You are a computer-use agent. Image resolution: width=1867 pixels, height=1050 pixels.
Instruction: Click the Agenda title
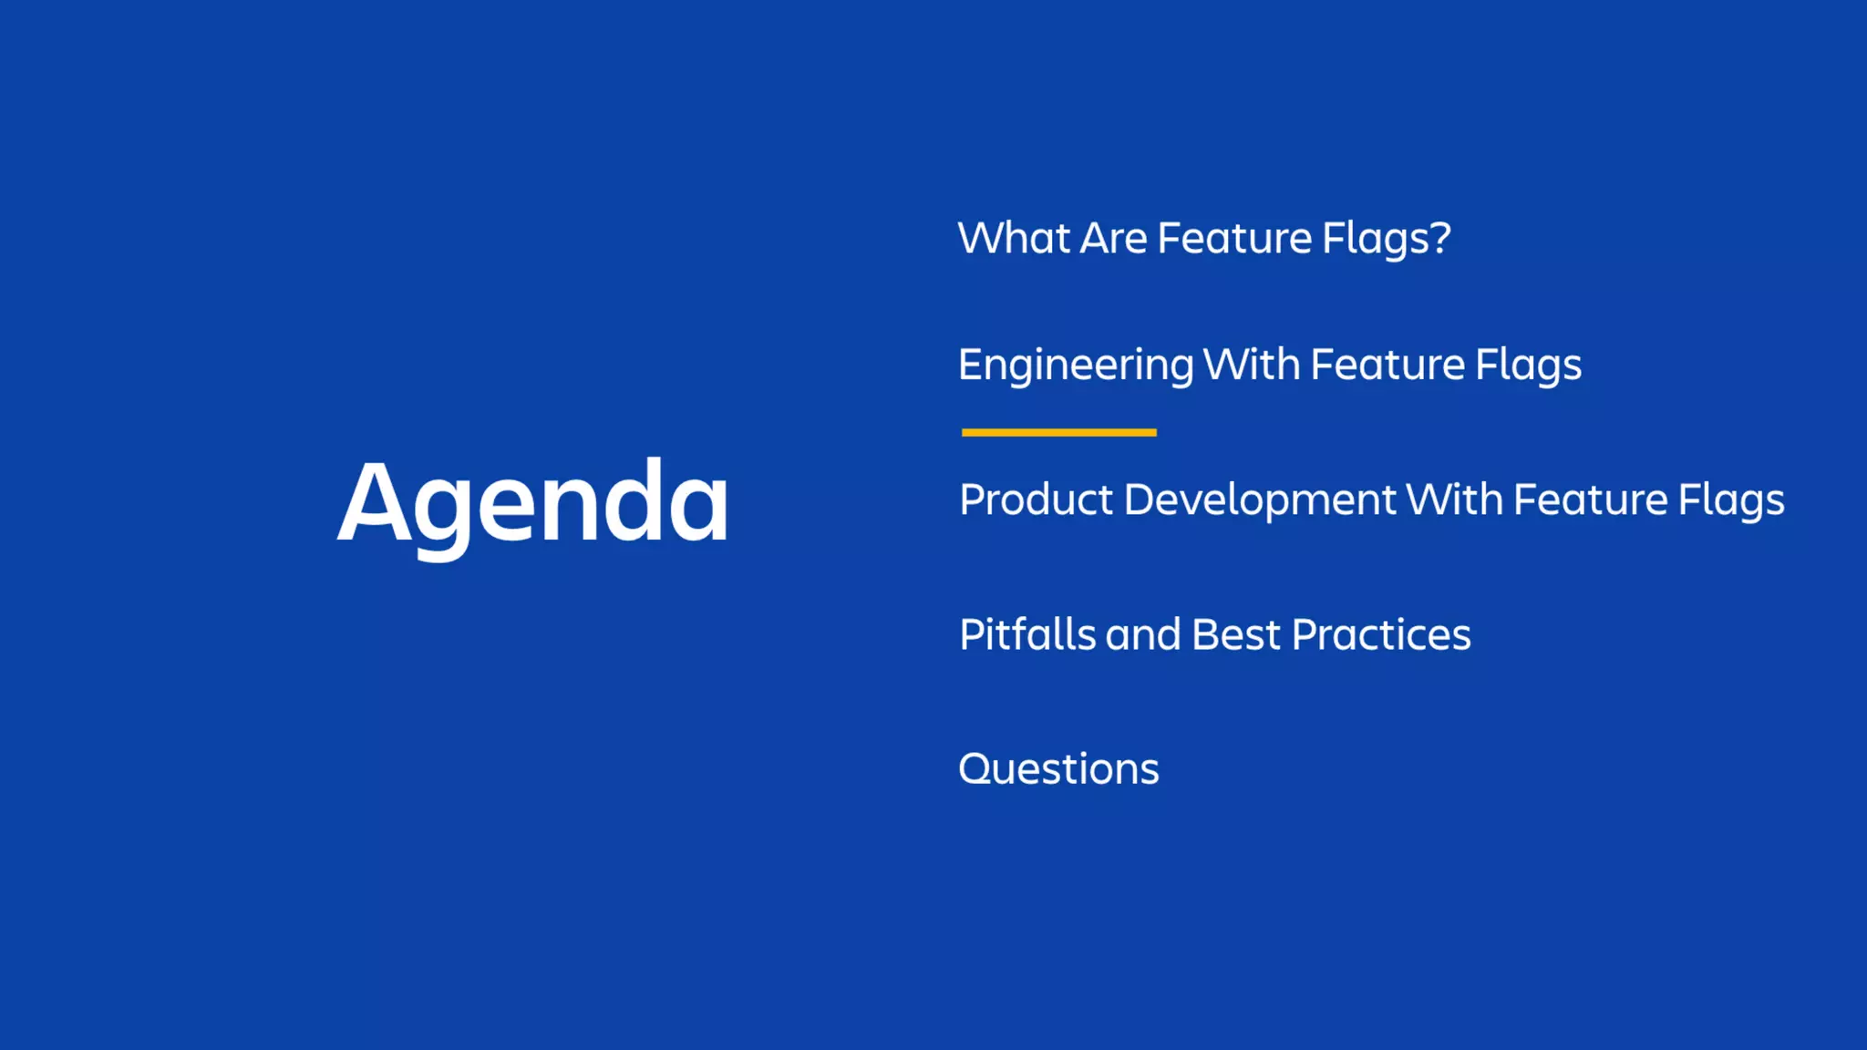(x=533, y=503)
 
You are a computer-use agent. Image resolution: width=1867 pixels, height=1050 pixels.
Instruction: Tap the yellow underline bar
(x=1058, y=432)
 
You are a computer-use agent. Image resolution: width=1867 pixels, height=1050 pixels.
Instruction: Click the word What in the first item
(x=1014, y=239)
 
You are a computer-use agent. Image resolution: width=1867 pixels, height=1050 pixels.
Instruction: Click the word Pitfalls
(x=1027, y=634)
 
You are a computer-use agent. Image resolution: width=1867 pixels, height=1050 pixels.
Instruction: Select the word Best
(x=1235, y=634)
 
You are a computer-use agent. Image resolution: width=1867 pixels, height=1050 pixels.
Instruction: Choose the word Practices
(x=1381, y=634)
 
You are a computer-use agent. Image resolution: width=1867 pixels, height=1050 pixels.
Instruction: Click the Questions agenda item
(x=1058, y=769)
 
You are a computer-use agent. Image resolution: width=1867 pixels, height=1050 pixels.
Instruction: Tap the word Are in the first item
(x=1113, y=239)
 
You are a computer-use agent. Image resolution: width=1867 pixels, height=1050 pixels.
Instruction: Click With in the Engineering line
(x=1252, y=365)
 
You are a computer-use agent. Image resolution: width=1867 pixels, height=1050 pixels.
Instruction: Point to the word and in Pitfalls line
(x=1143, y=634)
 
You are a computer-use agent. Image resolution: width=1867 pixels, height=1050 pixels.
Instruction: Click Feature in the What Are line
(x=1234, y=239)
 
